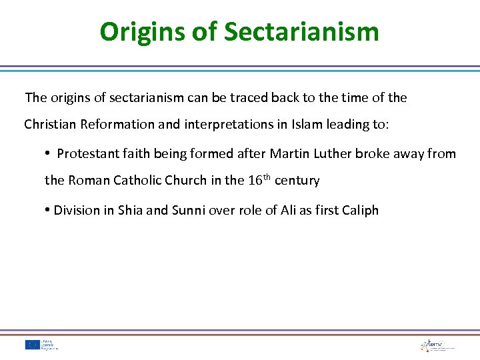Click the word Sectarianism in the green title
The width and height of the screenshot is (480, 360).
302,31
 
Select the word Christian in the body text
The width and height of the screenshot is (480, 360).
51,124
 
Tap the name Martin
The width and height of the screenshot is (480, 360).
290,154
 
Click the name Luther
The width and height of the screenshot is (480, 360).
333,154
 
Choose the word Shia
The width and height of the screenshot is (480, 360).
130,211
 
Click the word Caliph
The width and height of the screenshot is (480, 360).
359,211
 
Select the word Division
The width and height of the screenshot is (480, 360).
76,211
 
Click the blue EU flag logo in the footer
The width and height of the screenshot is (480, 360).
32,345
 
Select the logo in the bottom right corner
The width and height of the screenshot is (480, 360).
437,345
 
